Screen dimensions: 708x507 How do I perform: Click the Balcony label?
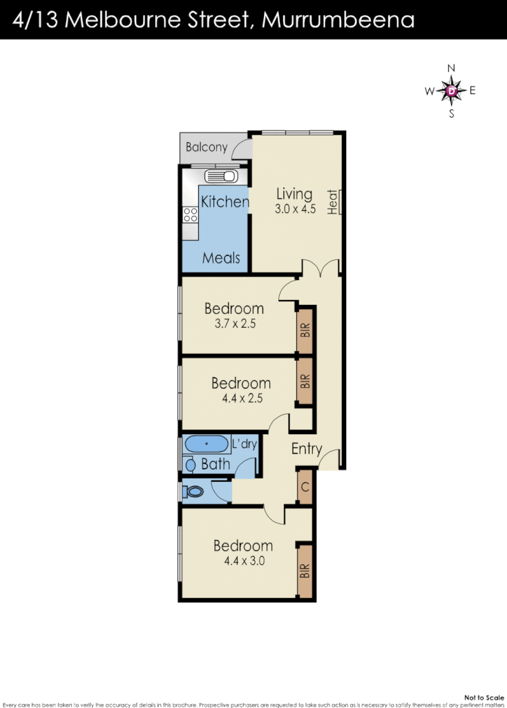pos(207,147)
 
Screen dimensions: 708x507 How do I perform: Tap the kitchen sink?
pos(222,176)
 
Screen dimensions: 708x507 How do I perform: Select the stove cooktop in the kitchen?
pos(190,215)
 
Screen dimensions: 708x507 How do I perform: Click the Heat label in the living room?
pos(333,202)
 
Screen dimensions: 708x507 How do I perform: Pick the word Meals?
pos(221,258)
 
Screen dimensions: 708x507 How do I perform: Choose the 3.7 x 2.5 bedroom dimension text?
pos(234,323)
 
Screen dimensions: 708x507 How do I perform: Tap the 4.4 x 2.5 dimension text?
pos(241,398)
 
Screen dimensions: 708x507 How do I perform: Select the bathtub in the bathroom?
pos(207,443)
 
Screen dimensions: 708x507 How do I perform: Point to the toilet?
pos(193,492)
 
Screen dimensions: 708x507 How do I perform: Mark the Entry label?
pos(307,449)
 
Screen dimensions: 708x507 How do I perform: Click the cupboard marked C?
pos(305,486)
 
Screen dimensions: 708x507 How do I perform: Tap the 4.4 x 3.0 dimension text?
pos(243,561)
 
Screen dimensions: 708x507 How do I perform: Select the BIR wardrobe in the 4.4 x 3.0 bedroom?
pos(305,571)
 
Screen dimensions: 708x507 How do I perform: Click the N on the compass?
pos(452,68)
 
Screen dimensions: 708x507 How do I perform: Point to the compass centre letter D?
pos(452,91)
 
